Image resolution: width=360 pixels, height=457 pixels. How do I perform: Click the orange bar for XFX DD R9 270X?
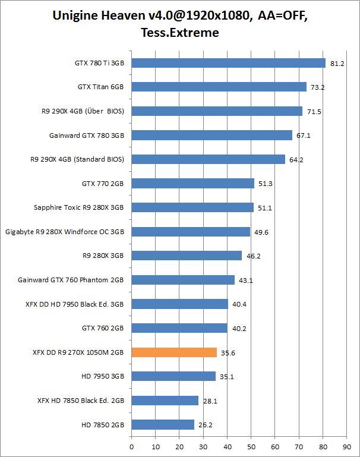174,352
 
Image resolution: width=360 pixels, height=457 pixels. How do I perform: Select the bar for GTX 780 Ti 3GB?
228,63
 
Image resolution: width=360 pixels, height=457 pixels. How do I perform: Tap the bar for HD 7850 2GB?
163,424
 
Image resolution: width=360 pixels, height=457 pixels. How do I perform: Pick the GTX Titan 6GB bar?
219,87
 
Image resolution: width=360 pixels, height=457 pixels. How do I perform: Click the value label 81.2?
337,64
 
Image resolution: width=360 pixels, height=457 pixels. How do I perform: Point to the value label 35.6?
228,353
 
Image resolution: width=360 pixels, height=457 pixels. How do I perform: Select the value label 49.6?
261,232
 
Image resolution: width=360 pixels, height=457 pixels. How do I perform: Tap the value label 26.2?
205,425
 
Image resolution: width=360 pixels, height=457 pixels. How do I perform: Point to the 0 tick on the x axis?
131,444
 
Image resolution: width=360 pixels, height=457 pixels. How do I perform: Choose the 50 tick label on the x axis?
251,444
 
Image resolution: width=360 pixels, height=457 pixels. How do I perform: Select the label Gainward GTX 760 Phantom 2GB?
71,280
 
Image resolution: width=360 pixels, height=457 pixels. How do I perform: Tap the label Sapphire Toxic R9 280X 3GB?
79,207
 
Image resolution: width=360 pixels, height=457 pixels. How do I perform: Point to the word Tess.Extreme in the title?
180,33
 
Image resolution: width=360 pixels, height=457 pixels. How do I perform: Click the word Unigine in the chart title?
80,15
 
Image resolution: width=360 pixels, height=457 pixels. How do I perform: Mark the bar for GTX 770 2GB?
192,184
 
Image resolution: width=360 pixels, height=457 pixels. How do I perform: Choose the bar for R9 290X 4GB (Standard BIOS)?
208,159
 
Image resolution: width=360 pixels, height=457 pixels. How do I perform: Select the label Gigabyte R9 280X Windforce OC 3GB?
64,232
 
